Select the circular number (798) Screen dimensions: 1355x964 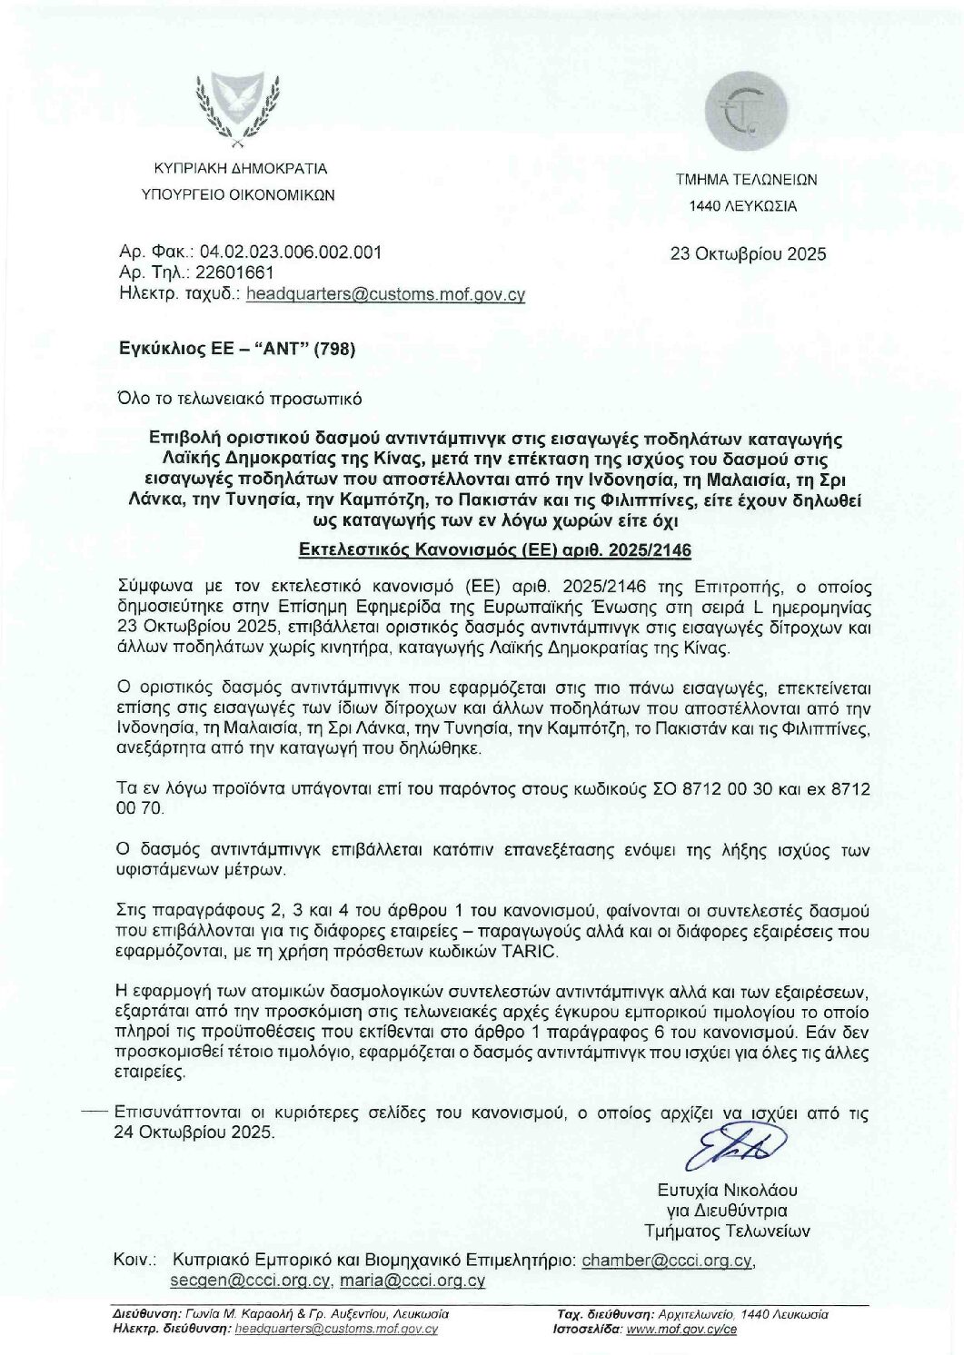point(333,348)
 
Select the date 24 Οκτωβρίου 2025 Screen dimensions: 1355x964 point(193,1132)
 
